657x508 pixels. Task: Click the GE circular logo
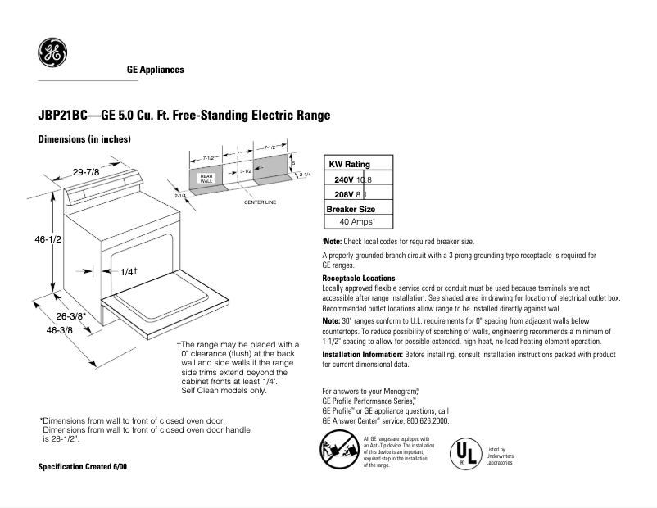pos(52,55)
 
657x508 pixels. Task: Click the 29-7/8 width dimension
pos(86,172)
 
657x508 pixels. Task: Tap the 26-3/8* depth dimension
pos(71,315)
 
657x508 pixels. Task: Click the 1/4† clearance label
pos(128,271)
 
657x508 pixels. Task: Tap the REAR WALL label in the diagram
pos(206,178)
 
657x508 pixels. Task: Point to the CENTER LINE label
pos(261,202)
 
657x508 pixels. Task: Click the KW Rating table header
pos(349,165)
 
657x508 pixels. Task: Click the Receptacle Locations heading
pos(359,279)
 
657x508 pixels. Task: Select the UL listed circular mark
pos(464,453)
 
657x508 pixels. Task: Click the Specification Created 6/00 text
pos(83,466)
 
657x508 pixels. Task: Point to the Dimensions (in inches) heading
pos(85,139)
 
